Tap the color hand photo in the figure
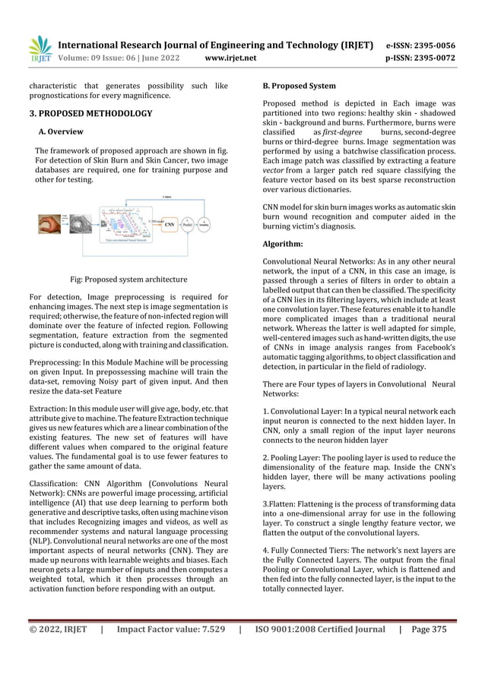53,224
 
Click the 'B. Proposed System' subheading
299,86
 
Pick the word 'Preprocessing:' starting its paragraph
58,365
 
